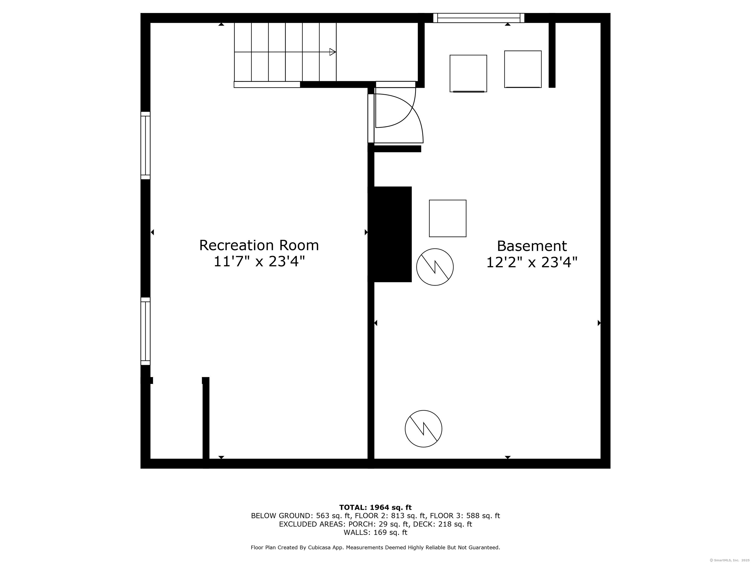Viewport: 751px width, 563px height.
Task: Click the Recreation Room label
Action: pos(259,245)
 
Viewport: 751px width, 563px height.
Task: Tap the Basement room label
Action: pos(532,246)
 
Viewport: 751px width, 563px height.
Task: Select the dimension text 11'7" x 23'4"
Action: pos(259,262)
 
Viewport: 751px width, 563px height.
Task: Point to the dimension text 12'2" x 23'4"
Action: pos(532,262)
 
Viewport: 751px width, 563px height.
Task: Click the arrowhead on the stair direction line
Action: pos(333,52)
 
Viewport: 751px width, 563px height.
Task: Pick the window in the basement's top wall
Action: pos(479,18)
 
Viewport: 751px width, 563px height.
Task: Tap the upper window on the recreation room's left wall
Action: pos(145,145)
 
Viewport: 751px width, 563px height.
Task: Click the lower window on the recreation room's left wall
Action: pos(145,331)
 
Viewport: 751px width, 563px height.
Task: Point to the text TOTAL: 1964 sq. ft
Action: pos(375,507)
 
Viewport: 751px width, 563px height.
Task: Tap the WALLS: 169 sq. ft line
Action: pos(375,532)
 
